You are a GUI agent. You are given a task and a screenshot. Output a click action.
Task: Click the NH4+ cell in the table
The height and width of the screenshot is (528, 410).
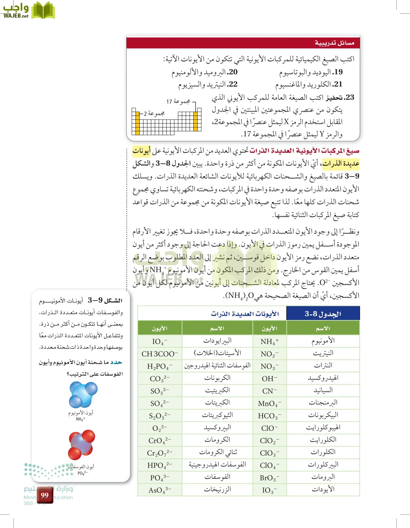[x=269, y=341]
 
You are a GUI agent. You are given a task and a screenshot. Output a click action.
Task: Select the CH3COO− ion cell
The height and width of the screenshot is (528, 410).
[x=159, y=354]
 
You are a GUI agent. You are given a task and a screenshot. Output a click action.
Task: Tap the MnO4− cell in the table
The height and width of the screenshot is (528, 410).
[x=269, y=404]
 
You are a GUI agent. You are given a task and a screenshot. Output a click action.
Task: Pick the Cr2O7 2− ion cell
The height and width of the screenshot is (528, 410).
[x=159, y=453]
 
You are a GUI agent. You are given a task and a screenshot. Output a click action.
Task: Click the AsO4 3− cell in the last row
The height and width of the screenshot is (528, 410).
[x=159, y=490]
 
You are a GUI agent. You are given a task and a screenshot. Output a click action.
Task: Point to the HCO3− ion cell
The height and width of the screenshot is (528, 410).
[x=269, y=416]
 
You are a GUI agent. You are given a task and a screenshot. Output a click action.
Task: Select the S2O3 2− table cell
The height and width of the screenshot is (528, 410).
[x=159, y=416]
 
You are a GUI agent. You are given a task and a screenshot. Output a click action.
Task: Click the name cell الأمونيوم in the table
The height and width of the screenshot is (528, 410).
[x=323, y=341]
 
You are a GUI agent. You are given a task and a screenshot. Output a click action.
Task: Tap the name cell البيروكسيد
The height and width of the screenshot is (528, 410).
[x=217, y=428]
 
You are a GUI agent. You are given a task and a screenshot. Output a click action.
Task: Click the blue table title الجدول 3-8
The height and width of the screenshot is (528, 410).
[x=323, y=314]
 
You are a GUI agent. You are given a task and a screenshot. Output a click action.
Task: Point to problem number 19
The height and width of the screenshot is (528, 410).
[x=337, y=72]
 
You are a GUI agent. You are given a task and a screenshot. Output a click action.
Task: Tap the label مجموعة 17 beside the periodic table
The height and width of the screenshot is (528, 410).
[x=178, y=101]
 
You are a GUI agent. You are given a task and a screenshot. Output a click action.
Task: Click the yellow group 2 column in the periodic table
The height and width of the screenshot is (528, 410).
[x=137, y=123]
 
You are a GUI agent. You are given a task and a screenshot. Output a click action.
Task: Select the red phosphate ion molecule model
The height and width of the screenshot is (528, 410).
[x=81, y=444]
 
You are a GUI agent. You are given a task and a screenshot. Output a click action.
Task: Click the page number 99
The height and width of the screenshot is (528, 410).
[x=45, y=495]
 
